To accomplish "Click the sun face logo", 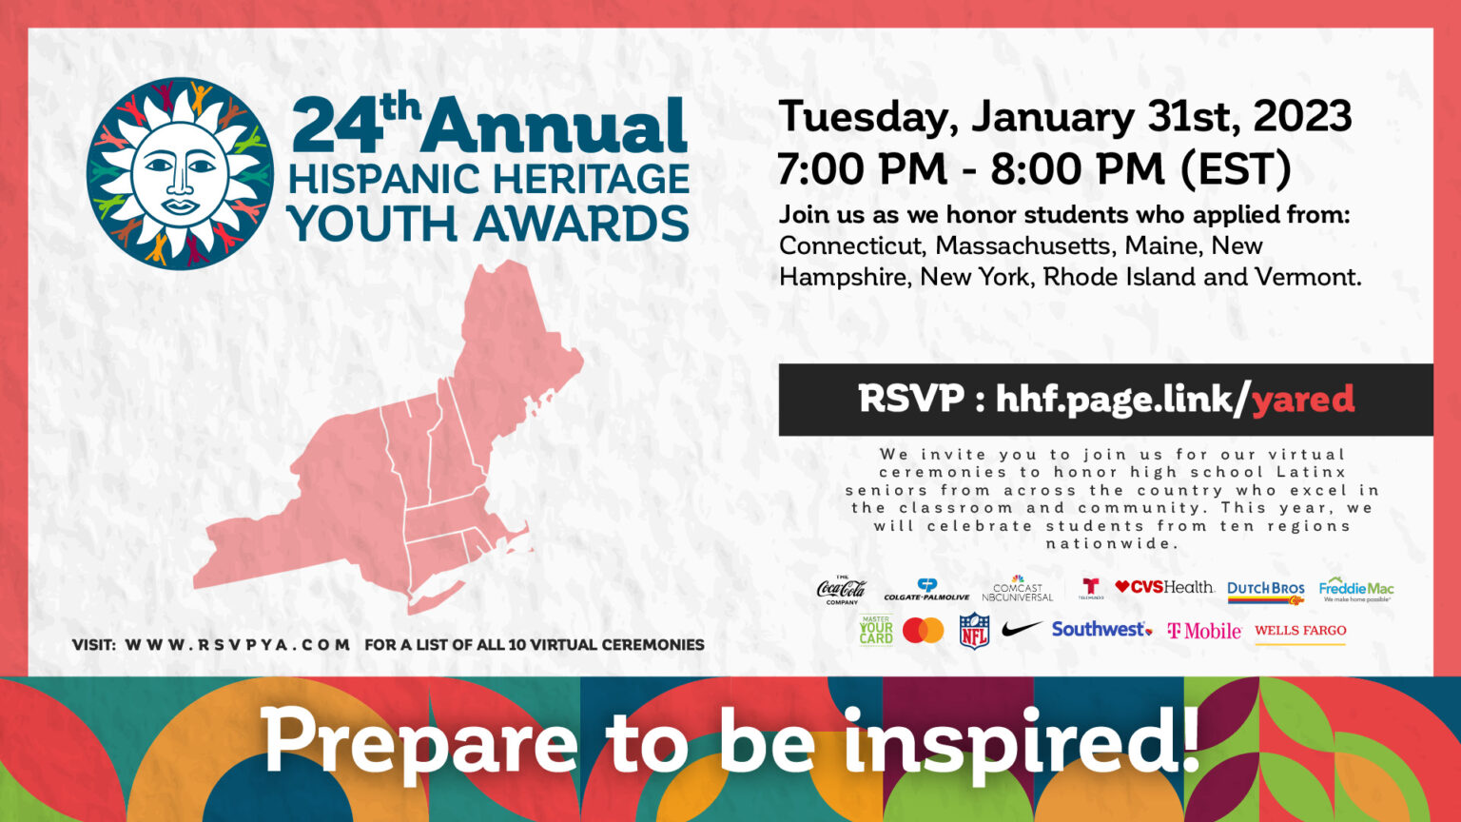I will tap(180, 173).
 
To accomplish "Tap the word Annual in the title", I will tap(555, 127).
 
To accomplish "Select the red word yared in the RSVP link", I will tap(1302, 400).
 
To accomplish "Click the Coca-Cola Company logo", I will tap(841, 591).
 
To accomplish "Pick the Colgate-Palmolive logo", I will tap(926, 591).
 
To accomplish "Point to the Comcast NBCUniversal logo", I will tap(1017, 590).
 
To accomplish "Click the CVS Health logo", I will tap(1164, 587).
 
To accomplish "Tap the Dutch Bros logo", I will tap(1265, 591).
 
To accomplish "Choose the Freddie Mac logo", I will tap(1356, 590).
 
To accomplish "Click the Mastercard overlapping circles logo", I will tap(923, 630).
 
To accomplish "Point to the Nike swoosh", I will tap(1021, 629).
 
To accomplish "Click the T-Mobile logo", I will tap(1203, 631).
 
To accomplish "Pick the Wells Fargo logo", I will tap(1300, 631).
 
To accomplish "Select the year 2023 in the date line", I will tap(1302, 116).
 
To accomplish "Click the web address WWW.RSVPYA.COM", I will tap(238, 644).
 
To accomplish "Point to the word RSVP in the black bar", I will tap(910, 399).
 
